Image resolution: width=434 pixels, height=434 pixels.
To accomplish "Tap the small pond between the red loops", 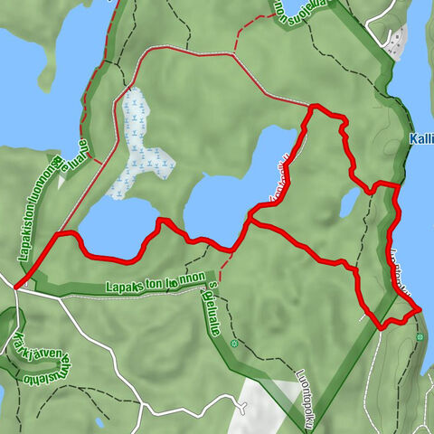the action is (x=350, y=203).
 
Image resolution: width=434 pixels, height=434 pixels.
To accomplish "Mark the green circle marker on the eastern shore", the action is (x=420, y=337).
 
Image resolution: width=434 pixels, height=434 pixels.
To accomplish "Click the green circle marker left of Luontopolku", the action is (x=234, y=344).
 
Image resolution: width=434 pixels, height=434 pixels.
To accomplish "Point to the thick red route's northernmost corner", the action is (x=313, y=107).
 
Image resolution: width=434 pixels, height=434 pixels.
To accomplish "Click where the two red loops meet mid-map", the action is (x=248, y=220).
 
